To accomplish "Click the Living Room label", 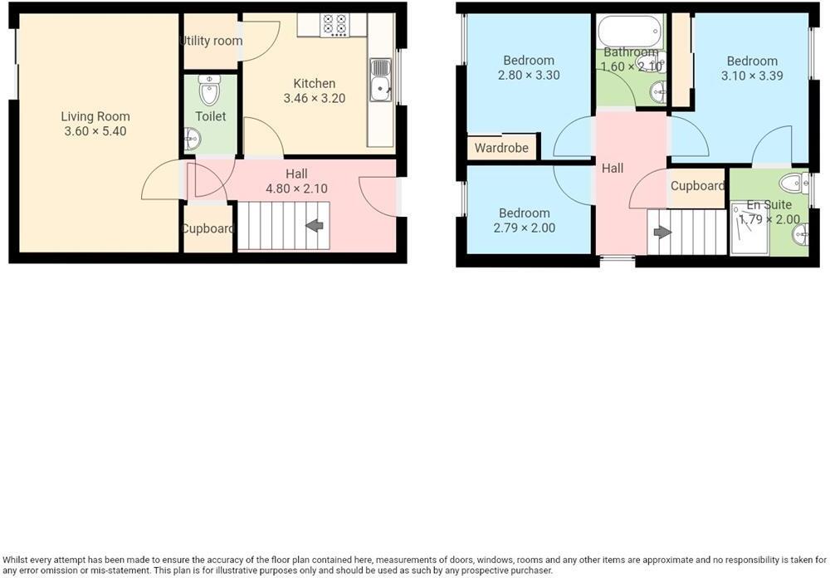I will tap(95, 116).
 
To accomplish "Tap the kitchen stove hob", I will tap(334, 24).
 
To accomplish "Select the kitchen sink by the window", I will tap(381, 80).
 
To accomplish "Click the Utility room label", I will tap(212, 41).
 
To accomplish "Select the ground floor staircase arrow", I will tap(315, 225).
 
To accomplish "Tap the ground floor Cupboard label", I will tap(208, 228).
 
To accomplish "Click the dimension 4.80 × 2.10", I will tap(296, 189).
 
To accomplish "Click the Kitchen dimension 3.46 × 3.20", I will tap(315, 98).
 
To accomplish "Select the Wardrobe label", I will tap(502, 149).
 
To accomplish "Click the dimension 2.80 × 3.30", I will tap(529, 75).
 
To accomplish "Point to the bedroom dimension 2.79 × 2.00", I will tap(525, 228).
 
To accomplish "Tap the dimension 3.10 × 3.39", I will tap(752, 76).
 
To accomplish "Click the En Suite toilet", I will tap(793, 184).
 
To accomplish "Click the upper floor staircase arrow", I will tap(662, 232).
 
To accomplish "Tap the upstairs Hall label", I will tap(613, 168).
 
